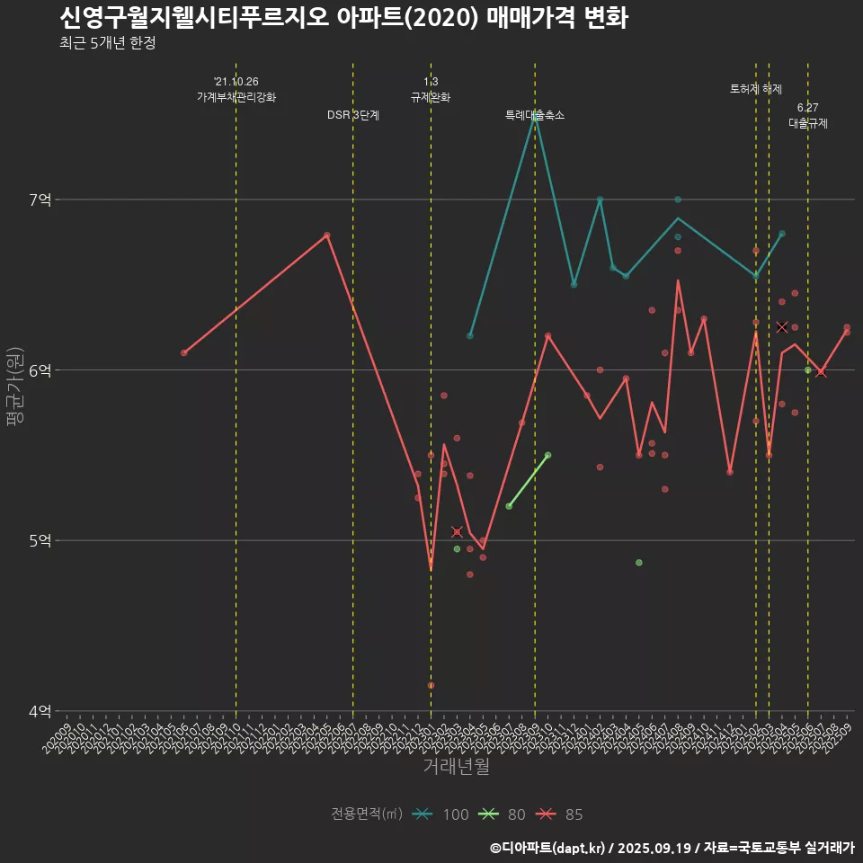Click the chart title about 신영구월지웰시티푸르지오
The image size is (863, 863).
[343, 18]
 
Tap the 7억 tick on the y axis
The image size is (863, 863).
[40, 200]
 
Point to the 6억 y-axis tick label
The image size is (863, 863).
[40, 370]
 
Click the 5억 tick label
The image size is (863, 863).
[40, 540]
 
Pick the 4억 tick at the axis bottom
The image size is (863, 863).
[40, 711]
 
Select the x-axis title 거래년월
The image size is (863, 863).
[456, 767]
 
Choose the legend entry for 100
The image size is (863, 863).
[440, 814]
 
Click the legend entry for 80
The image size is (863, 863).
[503, 814]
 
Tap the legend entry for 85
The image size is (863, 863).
[561, 814]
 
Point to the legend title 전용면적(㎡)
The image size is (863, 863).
[367, 814]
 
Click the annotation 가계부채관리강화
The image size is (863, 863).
[236, 97]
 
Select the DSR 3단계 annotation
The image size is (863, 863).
[353, 115]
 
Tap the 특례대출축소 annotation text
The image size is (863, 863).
[535, 115]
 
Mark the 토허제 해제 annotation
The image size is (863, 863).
[756, 89]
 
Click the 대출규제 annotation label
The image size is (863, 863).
[807, 123]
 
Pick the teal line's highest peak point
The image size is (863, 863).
[535, 115]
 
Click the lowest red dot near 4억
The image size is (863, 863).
[431, 685]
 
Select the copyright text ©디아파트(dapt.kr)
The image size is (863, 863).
[550, 847]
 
